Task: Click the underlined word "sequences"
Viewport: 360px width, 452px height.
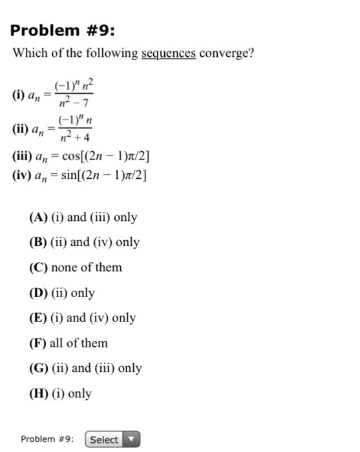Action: click(168, 53)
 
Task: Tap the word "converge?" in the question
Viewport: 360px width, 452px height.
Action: click(227, 53)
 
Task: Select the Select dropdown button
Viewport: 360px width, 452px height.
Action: click(112, 440)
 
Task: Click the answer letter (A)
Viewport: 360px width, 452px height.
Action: click(38, 218)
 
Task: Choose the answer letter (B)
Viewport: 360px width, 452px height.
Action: click(38, 243)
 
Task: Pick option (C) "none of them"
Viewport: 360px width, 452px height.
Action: click(76, 267)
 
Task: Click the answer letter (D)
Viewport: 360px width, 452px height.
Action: click(38, 293)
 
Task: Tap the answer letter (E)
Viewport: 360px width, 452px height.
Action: click(38, 318)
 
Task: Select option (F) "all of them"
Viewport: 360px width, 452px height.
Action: click(69, 343)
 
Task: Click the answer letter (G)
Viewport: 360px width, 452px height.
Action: click(38, 368)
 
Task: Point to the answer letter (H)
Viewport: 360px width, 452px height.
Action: click(38, 393)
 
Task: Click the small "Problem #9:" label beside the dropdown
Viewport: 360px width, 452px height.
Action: click(47, 440)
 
